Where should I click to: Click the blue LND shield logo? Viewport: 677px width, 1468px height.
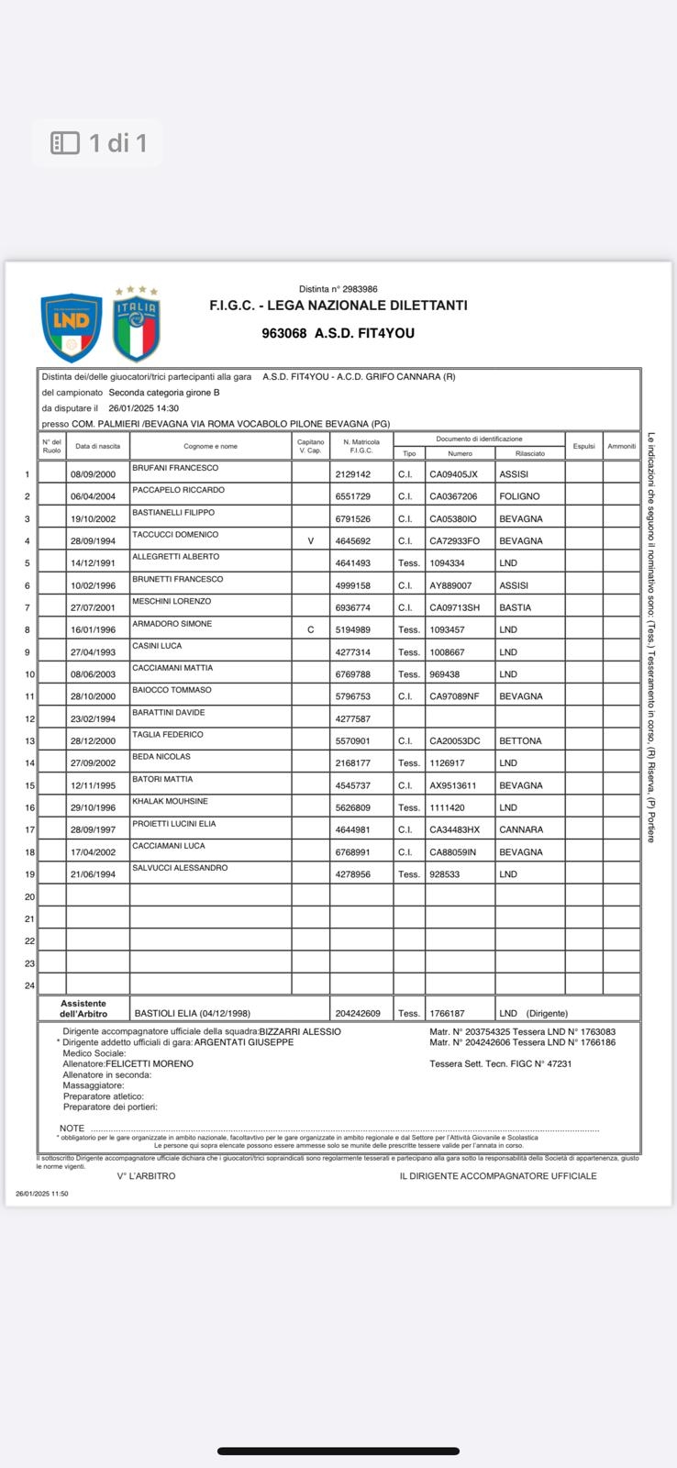71,328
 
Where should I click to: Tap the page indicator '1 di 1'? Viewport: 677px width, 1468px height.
98,143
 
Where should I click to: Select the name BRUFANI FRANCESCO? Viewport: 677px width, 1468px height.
175,468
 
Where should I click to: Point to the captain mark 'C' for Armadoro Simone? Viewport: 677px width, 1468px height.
311,630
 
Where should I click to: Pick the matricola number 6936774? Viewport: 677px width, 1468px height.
353,607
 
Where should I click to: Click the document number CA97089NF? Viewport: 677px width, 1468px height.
454,696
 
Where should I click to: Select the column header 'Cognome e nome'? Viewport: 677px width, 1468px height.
210,447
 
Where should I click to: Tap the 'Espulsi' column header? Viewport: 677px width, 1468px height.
584,447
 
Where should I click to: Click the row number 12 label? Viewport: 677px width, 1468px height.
29,719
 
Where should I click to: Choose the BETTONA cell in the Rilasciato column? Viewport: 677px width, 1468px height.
520,741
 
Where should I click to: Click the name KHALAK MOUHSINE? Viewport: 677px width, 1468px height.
170,801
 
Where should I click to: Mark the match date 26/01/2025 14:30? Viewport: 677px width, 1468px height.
143,408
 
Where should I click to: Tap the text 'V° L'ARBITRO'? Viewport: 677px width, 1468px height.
146,1176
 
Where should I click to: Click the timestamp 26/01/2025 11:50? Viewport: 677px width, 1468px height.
42,1194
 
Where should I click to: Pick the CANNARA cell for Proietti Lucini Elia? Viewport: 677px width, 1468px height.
521,830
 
